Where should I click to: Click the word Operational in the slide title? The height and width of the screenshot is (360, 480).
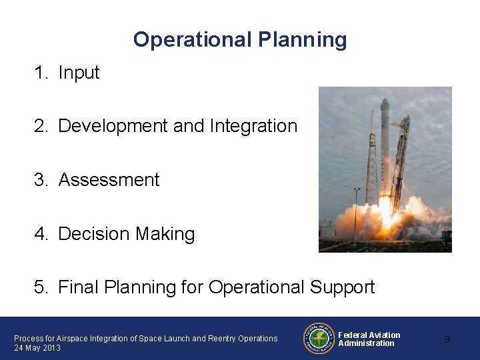click(191, 40)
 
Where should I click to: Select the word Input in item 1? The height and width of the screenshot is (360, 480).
click(79, 73)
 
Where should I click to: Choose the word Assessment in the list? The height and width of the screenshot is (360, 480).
click(109, 180)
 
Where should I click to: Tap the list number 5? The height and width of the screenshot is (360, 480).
click(41, 287)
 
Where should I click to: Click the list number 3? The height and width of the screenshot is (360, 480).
click(41, 180)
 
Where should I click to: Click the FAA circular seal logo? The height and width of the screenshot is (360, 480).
click(318, 339)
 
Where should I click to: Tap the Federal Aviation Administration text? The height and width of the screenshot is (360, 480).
click(369, 339)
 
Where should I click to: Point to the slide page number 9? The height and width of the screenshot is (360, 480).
click(447, 339)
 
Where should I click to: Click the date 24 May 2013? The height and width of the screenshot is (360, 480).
click(37, 348)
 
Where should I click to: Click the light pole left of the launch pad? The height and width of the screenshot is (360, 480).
click(357, 210)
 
